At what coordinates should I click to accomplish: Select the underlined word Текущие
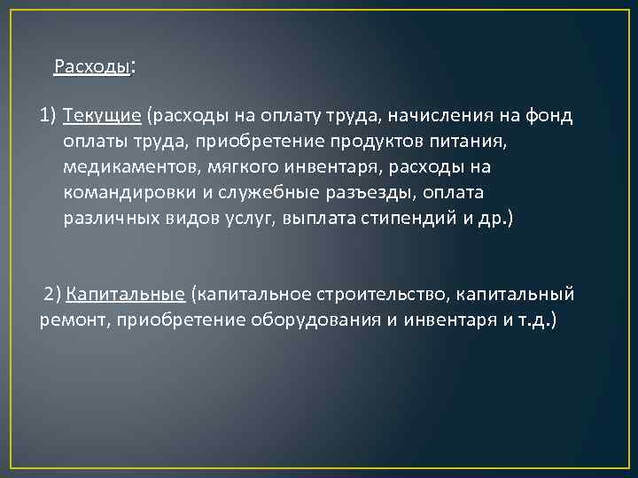(103, 115)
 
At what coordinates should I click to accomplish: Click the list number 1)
(49, 115)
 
